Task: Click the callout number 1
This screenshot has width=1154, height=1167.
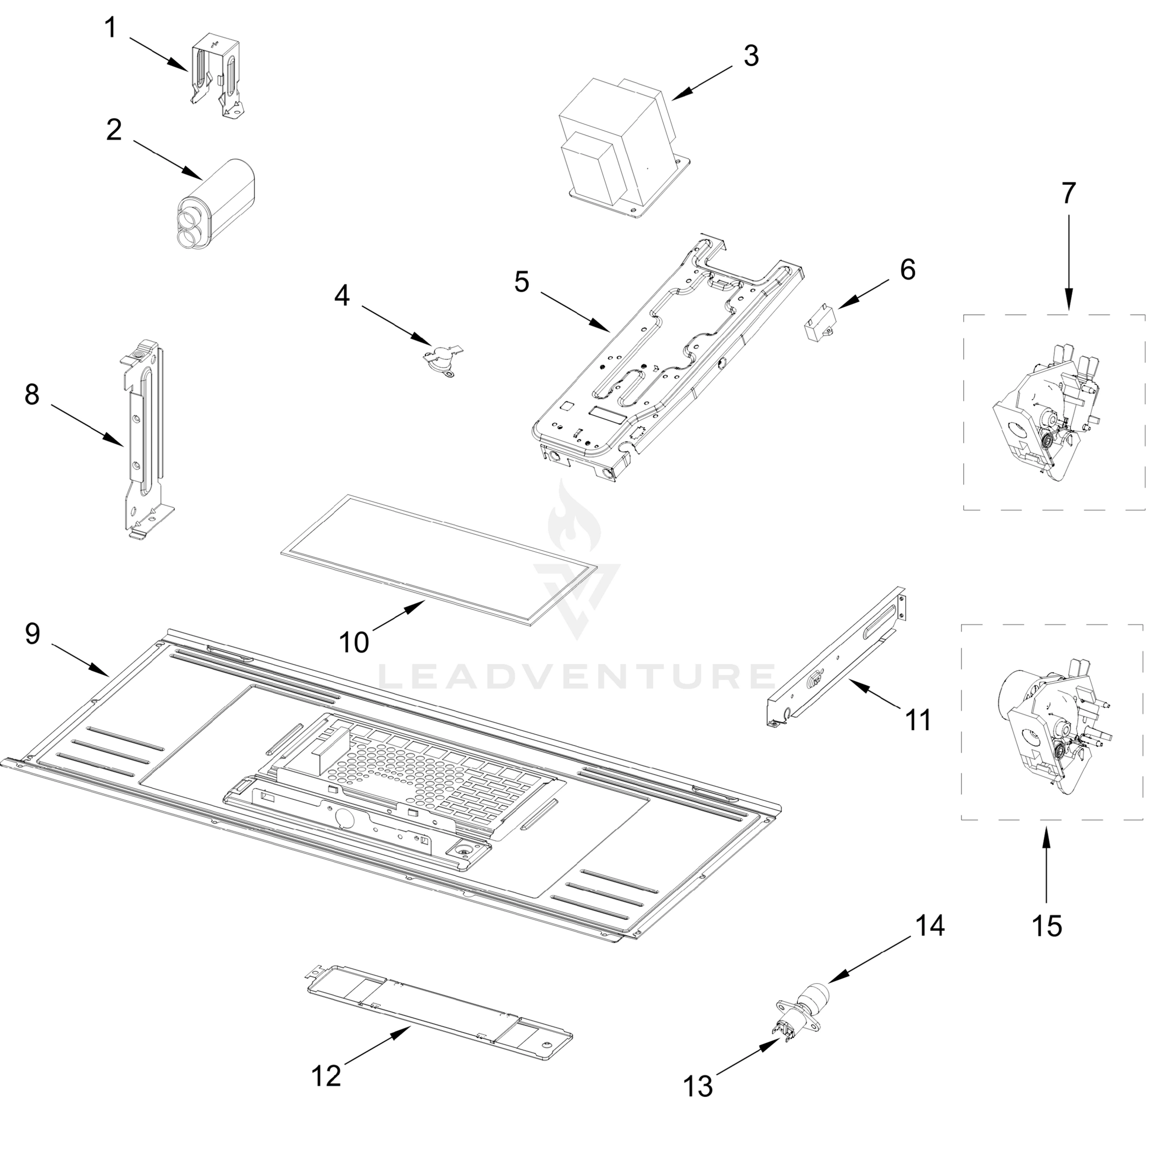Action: (110, 28)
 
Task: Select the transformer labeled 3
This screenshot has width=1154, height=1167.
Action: (622, 148)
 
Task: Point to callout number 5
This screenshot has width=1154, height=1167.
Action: (522, 282)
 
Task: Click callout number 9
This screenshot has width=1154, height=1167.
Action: (33, 634)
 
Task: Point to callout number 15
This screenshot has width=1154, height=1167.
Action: (1047, 926)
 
